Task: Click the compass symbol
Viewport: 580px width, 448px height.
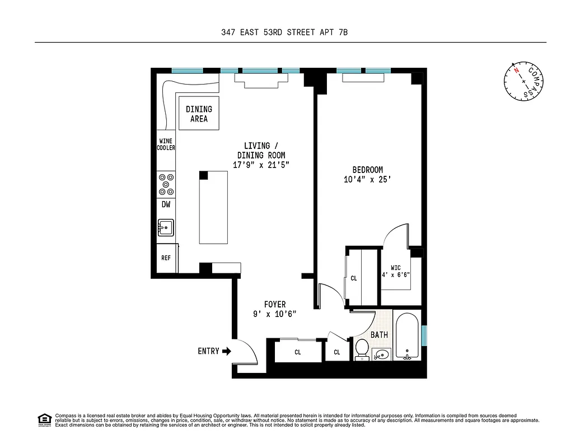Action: click(x=523, y=81)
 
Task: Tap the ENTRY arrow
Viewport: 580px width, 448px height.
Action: click(x=226, y=351)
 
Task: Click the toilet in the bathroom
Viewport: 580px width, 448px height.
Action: click(x=362, y=349)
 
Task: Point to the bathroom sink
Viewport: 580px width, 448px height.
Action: click(x=382, y=354)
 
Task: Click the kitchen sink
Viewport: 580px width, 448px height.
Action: click(x=166, y=227)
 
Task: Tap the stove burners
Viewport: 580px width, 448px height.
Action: click(x=166, y=182)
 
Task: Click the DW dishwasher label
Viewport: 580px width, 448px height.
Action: click(x=166, y=205)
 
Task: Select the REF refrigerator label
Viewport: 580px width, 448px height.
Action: click(x=166, y=258)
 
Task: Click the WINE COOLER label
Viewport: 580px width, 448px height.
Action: click(x=166, y=144)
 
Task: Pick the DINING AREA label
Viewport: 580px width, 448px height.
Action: click(x=199, y=114)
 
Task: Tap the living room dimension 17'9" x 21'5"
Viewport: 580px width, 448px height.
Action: click(x=261, y=165)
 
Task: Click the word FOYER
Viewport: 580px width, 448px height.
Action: click(x=274, y=305)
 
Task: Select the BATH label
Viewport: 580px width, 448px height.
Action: click(x=379, y=335)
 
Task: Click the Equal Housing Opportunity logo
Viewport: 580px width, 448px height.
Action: click(x=44, y=419)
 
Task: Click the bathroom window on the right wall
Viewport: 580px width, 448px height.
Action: click(x=424, y=335)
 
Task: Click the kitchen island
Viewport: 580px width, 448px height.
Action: click(x=214, y=207)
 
